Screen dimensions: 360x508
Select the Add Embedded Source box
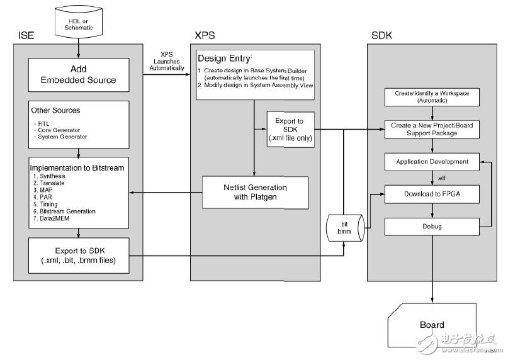tap(79, 74)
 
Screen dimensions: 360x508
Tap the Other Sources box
tap(79, 123)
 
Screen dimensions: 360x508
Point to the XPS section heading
tap(204, 35)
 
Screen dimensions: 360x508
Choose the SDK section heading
tap(381, 35)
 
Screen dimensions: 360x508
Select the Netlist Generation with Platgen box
tap(255, 192)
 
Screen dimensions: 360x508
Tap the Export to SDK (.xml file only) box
tap(289, 130)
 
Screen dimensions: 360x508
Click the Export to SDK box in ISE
tap(79, 256)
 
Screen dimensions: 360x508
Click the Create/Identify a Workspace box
tap(432, 97)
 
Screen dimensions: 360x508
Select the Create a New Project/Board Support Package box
tap(432, 130)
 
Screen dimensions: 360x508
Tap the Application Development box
tap(432, 162)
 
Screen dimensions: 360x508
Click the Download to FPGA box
tap(432, 194)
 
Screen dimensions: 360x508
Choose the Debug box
tap(432, 226)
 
